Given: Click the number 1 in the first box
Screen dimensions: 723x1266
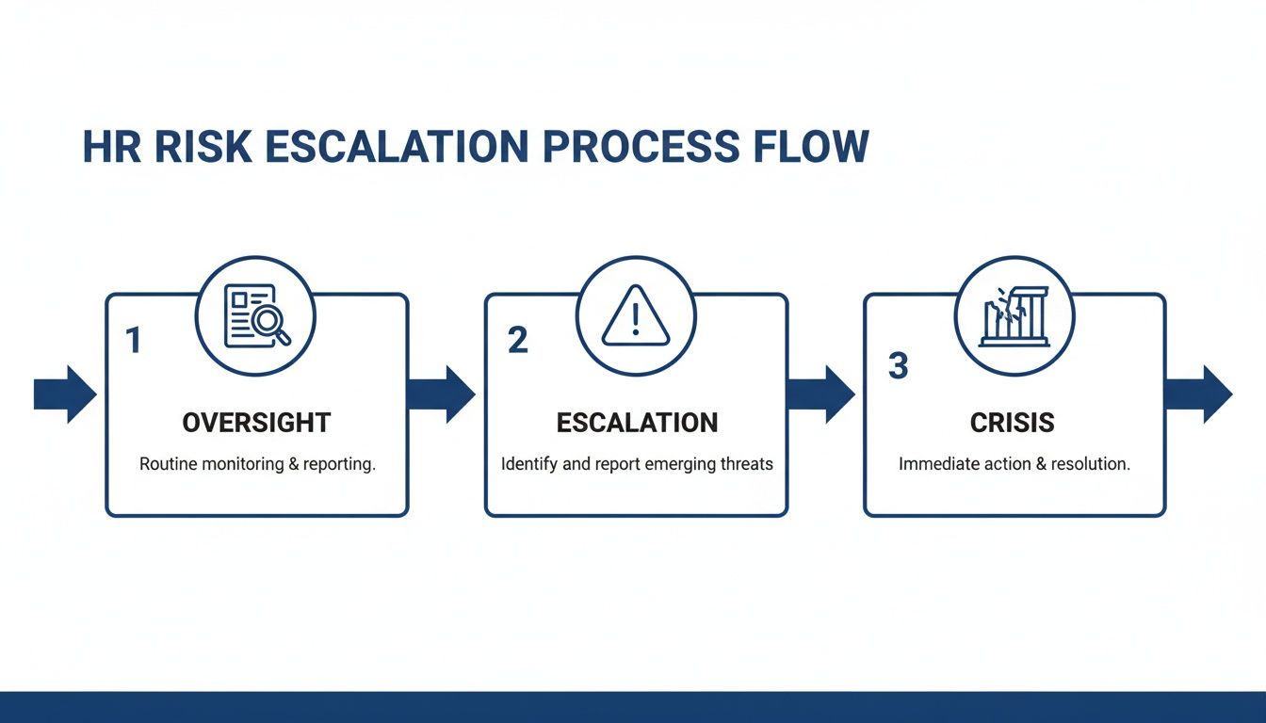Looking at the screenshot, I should (x=134, y=340).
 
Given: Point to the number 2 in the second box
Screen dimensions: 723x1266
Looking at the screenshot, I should (x=517, y=340).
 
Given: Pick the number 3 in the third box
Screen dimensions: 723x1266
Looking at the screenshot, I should (x=898, y=365).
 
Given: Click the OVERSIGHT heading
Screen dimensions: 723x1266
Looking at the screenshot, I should (x=256, y=423).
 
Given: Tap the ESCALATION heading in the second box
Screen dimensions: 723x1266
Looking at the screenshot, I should (x=637, y=423).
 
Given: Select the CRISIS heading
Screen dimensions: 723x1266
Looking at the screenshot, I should (x=1013, y=423).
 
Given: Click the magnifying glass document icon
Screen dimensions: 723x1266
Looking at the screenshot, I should (x=255, y=316).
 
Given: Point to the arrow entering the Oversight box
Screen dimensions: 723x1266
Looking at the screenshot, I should (x=65, y=394).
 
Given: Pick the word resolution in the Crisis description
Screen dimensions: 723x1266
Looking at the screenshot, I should (x=1090, y=465).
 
